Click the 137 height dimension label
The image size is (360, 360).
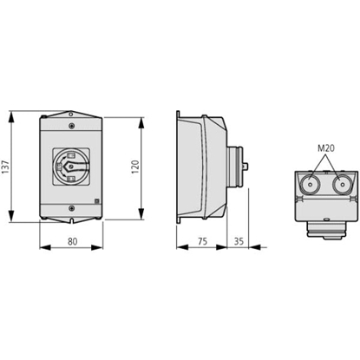(6, 167)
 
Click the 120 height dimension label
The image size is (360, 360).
(135, 167)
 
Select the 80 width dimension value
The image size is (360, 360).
(73, 241)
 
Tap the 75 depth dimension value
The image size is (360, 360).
(203, 241)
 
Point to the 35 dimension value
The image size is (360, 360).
(239, 241)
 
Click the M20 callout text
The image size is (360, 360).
(326, 148)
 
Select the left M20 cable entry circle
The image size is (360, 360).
(310, 185)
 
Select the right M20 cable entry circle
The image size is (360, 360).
(342, 185)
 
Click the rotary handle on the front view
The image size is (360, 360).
(71, 167)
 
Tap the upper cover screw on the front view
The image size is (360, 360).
(72, 126)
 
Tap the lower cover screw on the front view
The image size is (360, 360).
(72, 208)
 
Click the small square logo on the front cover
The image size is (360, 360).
(97, 200)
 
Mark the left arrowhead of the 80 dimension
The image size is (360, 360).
(45, 247)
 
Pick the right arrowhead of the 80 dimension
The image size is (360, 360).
(97, 247)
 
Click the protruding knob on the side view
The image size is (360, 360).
(245, 167)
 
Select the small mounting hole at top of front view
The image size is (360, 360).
(71, 115)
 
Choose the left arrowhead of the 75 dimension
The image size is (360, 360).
(182, 247)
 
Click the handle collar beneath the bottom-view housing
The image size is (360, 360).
(326, 230)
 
